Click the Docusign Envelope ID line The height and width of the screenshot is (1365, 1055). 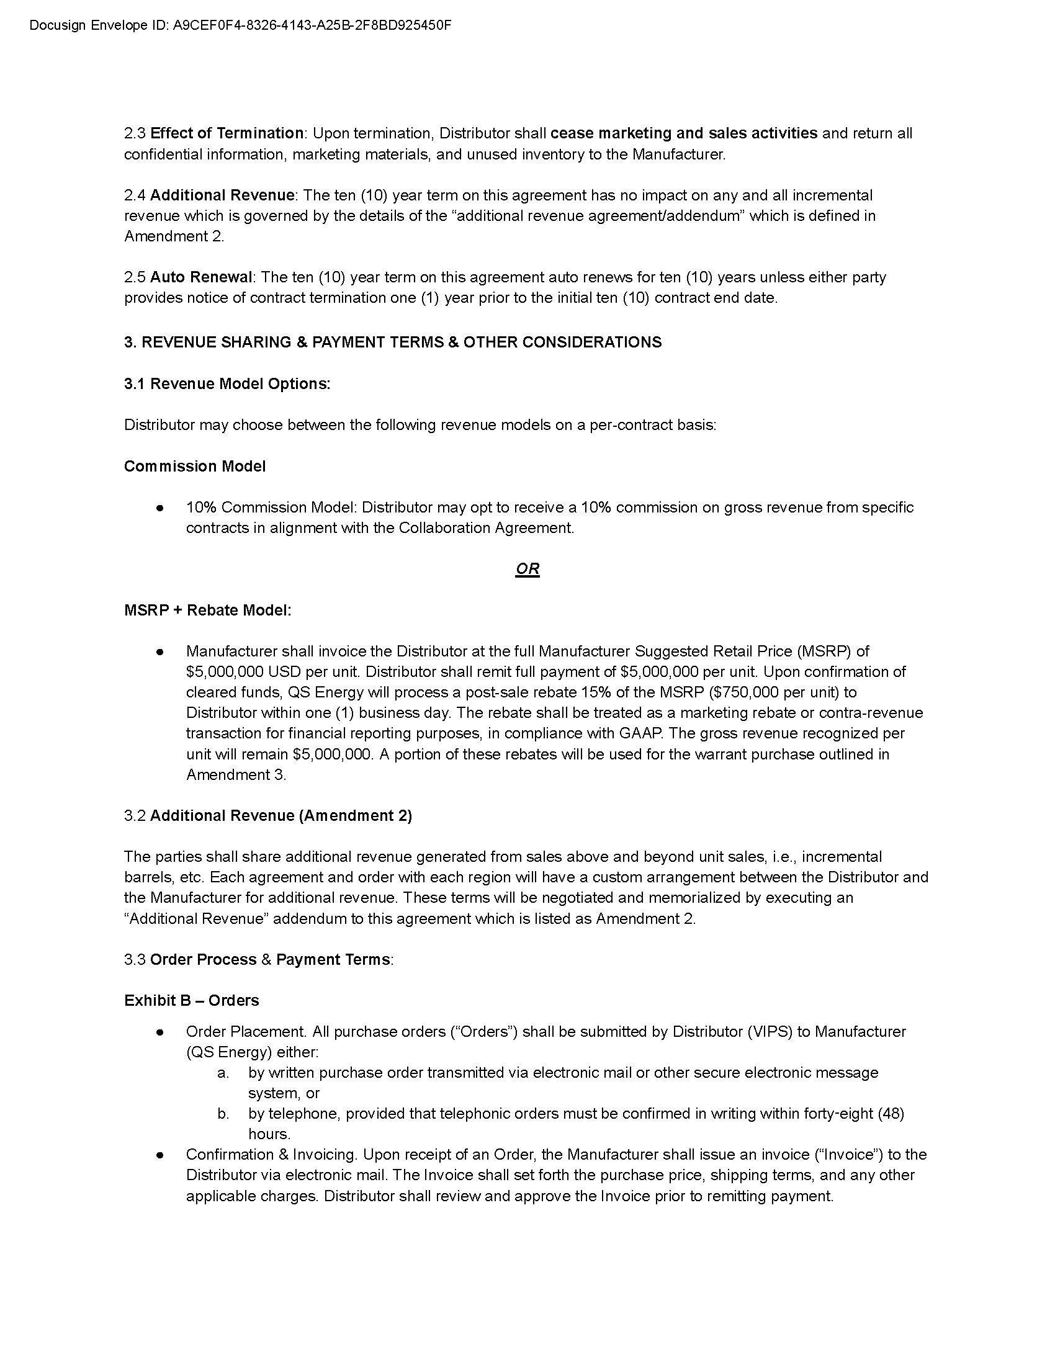point(240,25)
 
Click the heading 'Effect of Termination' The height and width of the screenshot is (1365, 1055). point(227,133)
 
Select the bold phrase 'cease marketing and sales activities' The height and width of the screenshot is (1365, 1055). point(684,133)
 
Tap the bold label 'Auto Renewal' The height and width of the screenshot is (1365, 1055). point(200,277)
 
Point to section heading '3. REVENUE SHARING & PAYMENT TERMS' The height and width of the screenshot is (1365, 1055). point(392,342)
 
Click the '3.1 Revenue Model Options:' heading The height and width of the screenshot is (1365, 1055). point(227,383)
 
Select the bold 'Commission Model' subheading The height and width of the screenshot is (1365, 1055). point(194,466)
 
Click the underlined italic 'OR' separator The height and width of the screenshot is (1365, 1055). point(527,569)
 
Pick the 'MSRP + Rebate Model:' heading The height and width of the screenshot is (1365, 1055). point(207,610)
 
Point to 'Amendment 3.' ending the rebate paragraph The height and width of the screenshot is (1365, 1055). point(236,774)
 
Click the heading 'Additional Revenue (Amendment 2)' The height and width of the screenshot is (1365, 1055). point(281,816)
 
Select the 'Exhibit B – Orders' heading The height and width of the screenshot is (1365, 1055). point(191,1001)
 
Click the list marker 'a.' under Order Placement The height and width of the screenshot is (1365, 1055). point(223,1073)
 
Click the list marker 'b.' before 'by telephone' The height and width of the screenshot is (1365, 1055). point(223,1114)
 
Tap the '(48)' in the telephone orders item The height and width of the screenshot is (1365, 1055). point(891,1114)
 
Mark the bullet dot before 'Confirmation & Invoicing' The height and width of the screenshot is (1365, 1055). point(161,1155)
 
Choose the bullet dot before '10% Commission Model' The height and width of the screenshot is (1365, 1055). point(161,508)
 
